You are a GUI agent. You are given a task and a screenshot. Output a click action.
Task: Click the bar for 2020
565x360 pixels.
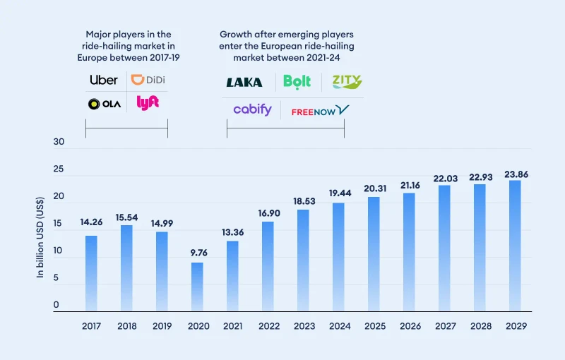click(198, 287)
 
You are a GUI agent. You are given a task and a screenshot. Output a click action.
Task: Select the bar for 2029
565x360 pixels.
click(515, 246)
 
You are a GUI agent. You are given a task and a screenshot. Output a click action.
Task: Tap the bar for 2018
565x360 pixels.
click(127, 268)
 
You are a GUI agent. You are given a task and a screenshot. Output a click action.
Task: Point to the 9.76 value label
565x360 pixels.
click(198, 253)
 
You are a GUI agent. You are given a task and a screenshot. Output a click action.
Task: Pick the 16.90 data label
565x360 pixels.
click(268, 213)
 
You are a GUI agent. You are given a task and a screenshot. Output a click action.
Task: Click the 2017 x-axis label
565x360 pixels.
click(92, 326)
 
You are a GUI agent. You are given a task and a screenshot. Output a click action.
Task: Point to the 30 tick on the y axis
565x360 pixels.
click(59, 142)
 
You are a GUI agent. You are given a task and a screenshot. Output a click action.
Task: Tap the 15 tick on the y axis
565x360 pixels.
click(59, 224)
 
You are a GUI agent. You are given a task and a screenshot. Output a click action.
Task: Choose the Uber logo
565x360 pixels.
click(104, 80)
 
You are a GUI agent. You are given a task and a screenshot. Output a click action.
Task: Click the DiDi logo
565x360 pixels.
click(147, 80)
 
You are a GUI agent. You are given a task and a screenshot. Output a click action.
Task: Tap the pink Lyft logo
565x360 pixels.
click(148, 102)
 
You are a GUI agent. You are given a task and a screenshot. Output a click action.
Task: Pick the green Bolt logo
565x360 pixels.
click(297, 82)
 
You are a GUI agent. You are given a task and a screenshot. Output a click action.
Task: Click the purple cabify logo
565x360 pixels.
click(252, 109)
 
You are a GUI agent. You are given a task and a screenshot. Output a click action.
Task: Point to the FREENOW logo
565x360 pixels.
click(320, 110)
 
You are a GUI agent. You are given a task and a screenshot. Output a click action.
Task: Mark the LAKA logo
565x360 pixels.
click(244, 83)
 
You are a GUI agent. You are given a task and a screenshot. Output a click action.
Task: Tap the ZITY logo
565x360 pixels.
click(347, 83)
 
